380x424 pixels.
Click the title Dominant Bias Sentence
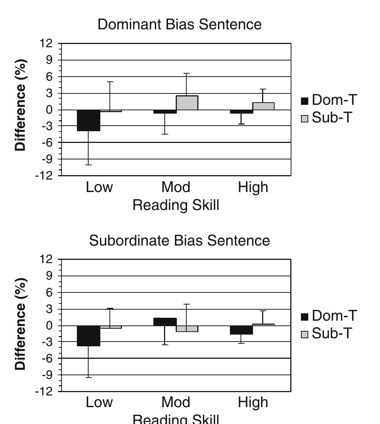coord(179,25)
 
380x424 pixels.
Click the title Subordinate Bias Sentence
coord(179,241)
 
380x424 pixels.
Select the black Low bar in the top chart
coord(89,120)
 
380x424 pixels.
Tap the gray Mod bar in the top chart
coord(187,103)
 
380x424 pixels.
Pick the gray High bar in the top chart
coord(263,106)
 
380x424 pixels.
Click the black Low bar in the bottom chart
coord(89,336)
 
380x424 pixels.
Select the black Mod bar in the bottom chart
coord(165,322)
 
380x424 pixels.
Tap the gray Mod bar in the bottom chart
coord(187,329)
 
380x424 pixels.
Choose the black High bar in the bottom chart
coord(241,330)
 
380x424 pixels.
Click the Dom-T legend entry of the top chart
coord(329,100)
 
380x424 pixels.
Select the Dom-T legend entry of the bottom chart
coord(329,316)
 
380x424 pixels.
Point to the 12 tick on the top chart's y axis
coord(46,44)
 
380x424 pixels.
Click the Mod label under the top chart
coord(176,187)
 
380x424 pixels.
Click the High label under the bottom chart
coord(253,402)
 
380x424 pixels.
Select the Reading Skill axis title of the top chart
coord(176,205)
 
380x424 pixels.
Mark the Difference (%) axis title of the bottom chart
coord(21,324)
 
